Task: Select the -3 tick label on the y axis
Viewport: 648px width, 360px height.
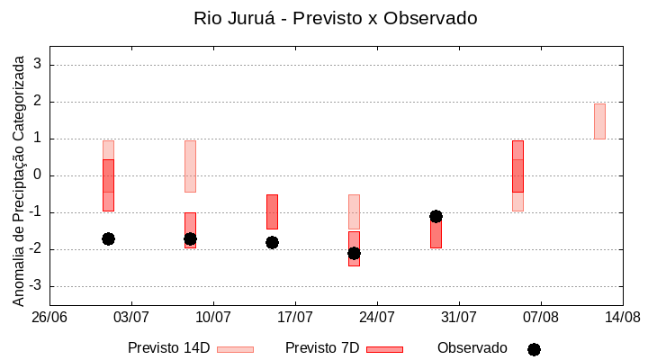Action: click(35, 286)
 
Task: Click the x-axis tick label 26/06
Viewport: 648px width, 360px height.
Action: click(49, 317)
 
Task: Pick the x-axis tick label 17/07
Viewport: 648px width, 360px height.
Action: click(295, 317)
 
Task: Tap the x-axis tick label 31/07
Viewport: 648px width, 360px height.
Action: click(459, 317)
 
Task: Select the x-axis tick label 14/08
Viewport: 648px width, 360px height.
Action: click(622, 317)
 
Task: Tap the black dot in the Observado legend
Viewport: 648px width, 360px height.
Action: click(534, 349)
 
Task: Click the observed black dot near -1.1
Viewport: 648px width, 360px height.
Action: click(436, 216)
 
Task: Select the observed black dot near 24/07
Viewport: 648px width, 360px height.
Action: click(354, 253)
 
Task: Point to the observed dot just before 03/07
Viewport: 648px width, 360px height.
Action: click(108, 238)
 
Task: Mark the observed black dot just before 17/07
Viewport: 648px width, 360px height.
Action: click(272, 242)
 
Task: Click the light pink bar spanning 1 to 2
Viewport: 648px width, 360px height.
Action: click(599, 121)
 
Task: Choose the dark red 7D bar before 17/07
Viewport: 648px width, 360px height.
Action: click(272, 211)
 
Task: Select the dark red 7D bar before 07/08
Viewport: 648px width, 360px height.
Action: click(517, 166)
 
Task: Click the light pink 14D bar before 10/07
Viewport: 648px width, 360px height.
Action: click(190, 166)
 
